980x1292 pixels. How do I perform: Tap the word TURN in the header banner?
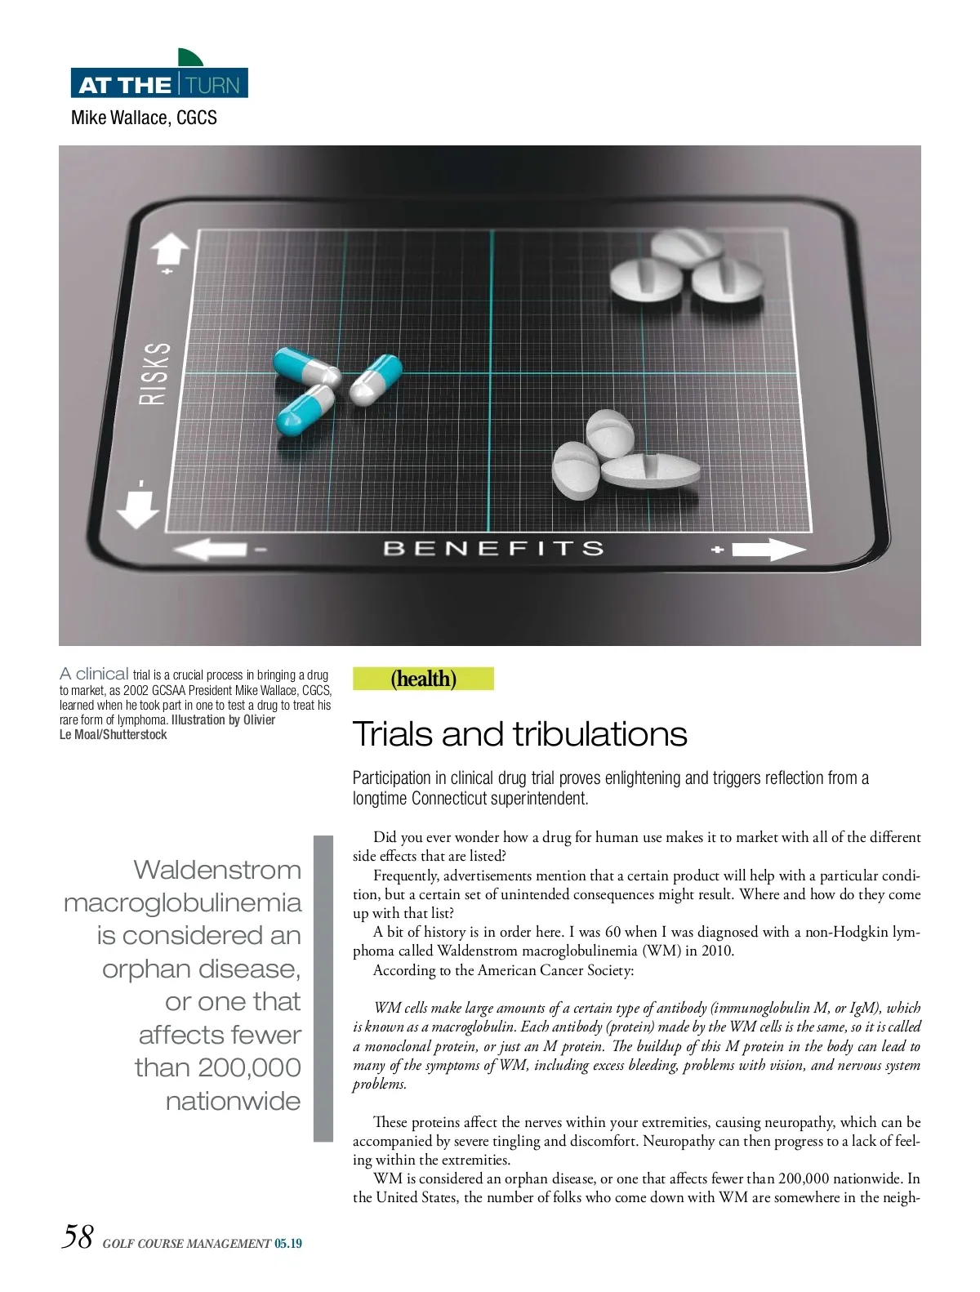213,85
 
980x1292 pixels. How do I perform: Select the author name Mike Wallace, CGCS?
144,118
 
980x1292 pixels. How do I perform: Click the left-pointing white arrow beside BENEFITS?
210,549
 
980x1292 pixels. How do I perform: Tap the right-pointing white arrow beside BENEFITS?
768,550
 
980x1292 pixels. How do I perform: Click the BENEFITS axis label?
493,548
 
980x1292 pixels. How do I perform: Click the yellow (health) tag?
423,679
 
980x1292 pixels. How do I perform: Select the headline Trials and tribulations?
519,734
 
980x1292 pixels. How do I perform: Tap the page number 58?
78,1236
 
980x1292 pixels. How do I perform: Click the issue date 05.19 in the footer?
288,1244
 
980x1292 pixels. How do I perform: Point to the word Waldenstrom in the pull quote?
217,870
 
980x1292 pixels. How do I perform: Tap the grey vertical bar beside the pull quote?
323,987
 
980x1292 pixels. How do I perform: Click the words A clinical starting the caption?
94,674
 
